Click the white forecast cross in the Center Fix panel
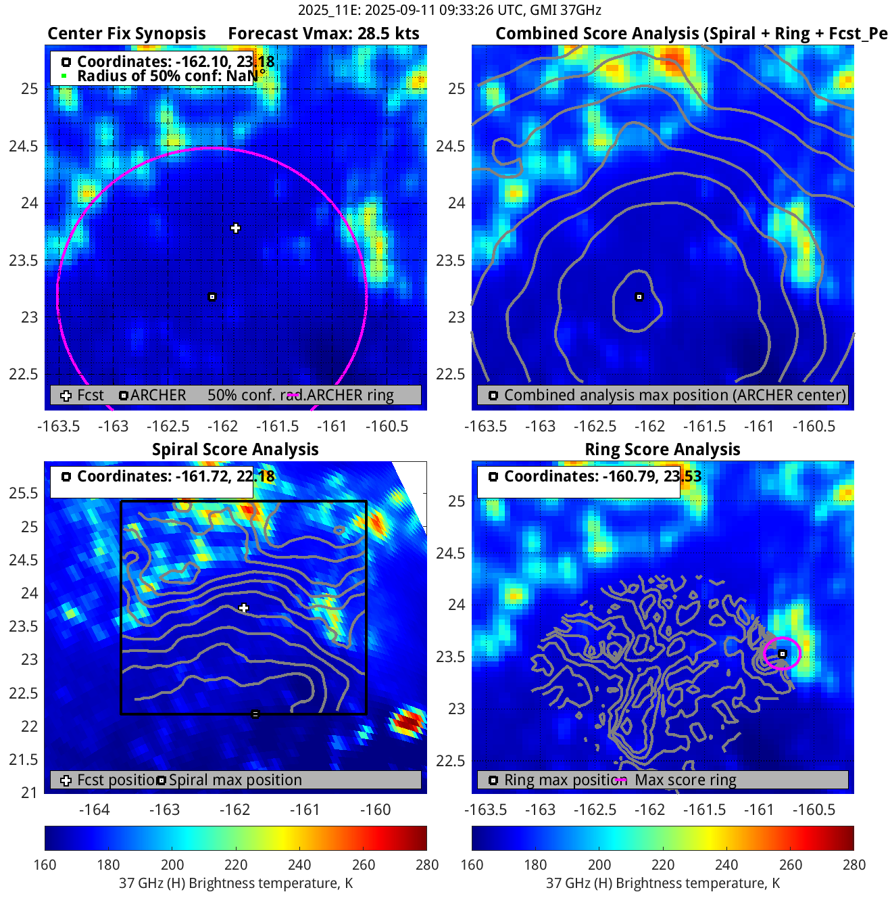click(x=235, y=229)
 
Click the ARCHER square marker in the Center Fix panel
click(x=212, y=297)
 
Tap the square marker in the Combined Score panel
click(x=639, y=297)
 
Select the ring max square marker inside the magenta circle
click(x=782, y=654)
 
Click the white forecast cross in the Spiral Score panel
click(x=244, y=609)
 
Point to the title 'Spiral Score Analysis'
click(x=235, y=450)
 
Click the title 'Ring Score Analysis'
click(x=662, y=450)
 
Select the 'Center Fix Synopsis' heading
click(x=126, y=34)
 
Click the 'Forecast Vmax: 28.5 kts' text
click(x=323, y=34)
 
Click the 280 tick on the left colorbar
click(x=427, y=864)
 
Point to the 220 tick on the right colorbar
click(x=663, y=864)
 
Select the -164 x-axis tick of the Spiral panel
click(x=94, y=810)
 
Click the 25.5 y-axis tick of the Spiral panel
click(x=24, y=493)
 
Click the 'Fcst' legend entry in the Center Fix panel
click(x=90, y=396)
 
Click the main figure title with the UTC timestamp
click(x=449, y=10)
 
